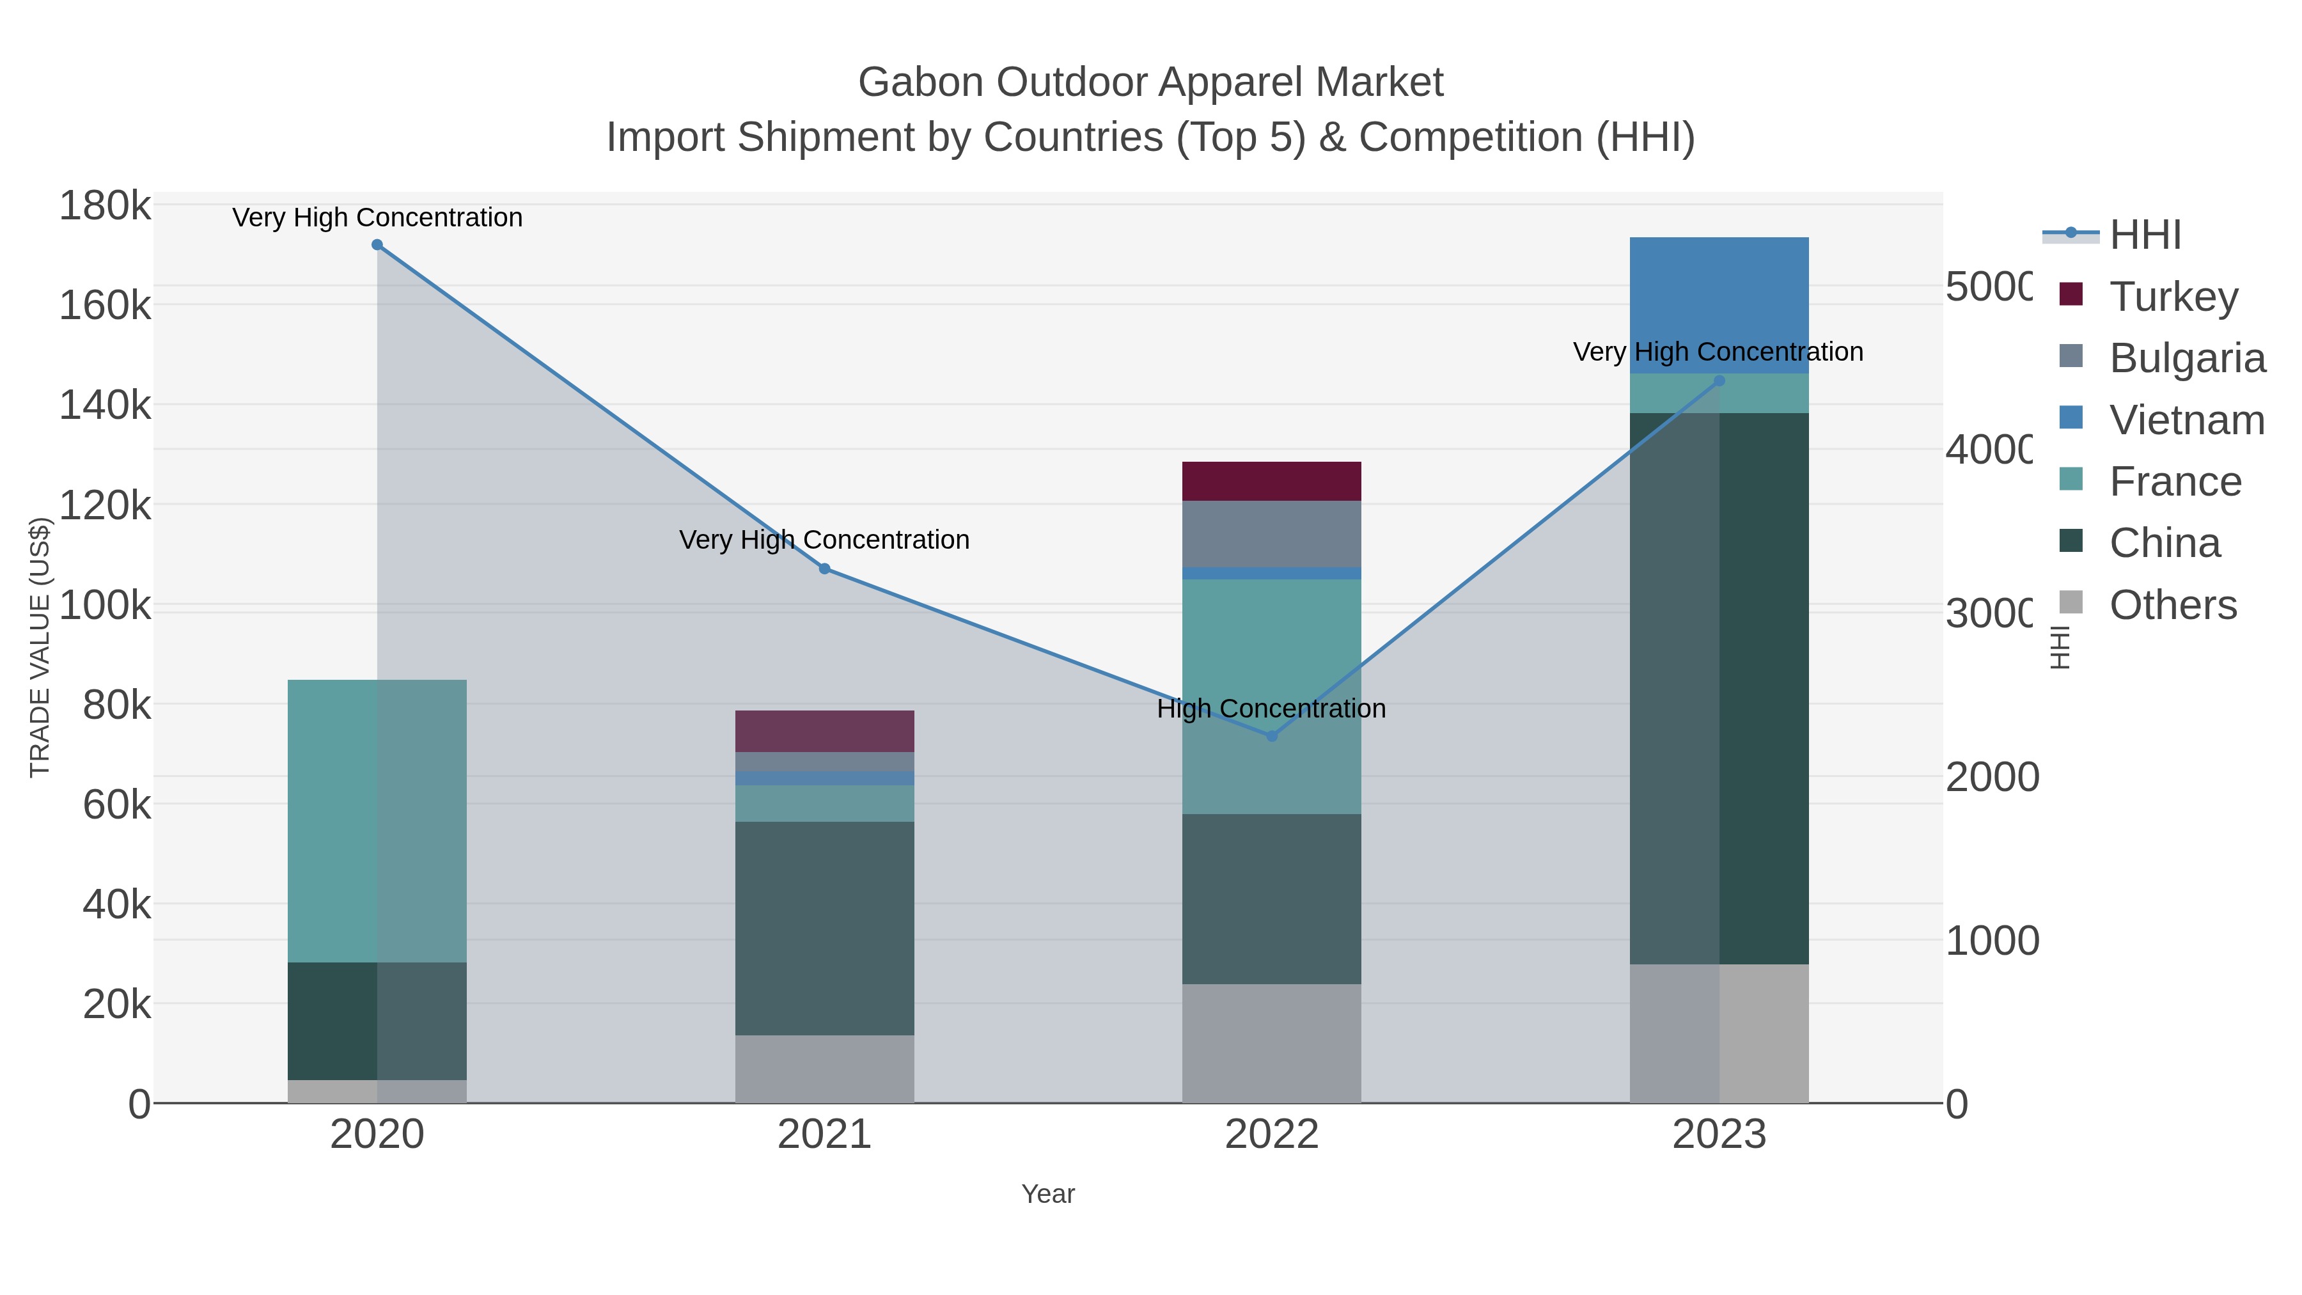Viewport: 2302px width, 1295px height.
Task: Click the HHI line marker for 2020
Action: tap(377, 245)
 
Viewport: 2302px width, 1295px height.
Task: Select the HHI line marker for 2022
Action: tap(1272, 735)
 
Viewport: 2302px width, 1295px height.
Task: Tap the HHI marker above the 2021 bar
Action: tap(824, 569)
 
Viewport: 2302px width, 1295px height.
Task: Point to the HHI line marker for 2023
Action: tap(1718, 381)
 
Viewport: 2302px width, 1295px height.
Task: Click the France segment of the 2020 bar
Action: tap(377, 820)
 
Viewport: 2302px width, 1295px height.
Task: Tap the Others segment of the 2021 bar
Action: tap(824, 1068)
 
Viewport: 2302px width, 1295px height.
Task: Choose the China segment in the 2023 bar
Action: tap(1718, 688)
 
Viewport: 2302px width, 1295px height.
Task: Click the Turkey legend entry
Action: tap(2173, 296)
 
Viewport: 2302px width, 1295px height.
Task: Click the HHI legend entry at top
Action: tap(2145, 235)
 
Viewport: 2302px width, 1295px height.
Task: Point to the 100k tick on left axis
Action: tap(105, 605)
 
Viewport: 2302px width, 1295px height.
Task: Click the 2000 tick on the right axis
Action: tap(1992, 776)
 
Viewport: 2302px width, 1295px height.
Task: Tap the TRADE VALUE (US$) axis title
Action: tap(40, 647)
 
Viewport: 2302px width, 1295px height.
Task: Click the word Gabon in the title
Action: tap(920, 82)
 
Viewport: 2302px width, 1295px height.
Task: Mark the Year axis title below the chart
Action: tap(1047, 1194)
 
